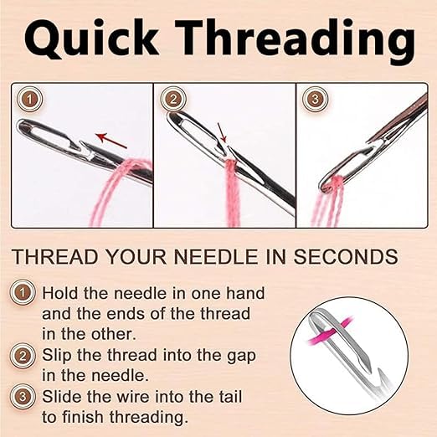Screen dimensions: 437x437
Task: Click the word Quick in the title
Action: click(92, 38)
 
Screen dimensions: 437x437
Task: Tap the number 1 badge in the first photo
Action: click(29, 100)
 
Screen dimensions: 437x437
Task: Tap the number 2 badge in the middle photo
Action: click(173, 100)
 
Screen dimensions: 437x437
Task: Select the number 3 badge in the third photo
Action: click(315, 100)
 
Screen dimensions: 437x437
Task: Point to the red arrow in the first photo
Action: click(111, 141)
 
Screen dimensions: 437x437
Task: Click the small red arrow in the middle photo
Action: click(221, 132)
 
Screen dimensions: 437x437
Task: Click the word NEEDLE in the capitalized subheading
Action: click(216, 257)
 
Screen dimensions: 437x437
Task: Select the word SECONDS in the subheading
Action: click(346, 257)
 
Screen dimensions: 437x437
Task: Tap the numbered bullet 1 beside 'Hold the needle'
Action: click(23, 293)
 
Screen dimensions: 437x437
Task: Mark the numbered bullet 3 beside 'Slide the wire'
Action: click(23, 397)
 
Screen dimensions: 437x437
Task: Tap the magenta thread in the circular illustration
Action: click(329, 331)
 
